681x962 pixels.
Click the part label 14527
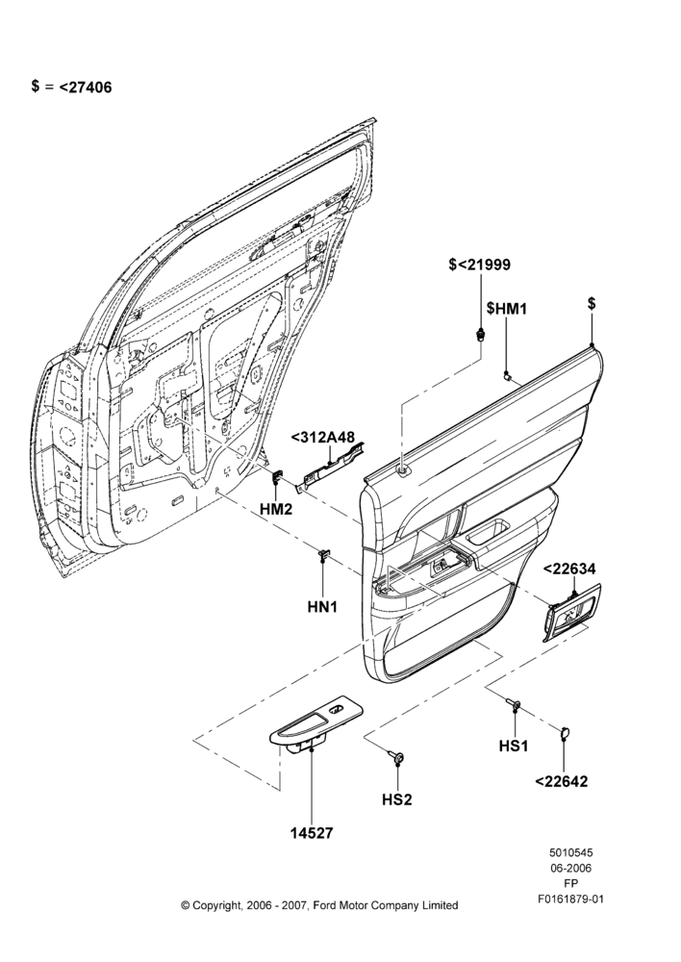tap(311, 832)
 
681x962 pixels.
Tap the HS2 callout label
tap(397, 799)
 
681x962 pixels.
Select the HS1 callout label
tap(514, 747)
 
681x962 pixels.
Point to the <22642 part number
tap(562, 781)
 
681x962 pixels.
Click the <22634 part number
tap(568, 569)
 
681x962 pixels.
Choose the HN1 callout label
tap(323, 607)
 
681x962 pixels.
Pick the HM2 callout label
tap(276, 509)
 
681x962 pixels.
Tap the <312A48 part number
tap(322, 438)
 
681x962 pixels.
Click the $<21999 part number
tap(480, 265)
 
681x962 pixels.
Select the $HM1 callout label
tap(507, 308)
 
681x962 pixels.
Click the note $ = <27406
tap(72, 87)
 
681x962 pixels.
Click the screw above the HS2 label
tap(397, 758)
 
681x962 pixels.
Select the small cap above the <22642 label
tap(564, 731)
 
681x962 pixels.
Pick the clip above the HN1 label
tap(323, 555)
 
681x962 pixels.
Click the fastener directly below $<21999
tap(480, 335)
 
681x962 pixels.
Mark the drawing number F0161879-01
tap(570, 899)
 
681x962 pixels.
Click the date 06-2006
tap(570, 868)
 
